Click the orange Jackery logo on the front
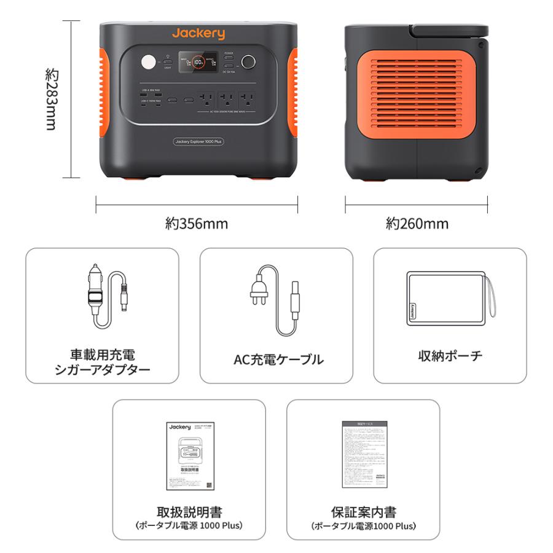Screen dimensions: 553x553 point(198,33)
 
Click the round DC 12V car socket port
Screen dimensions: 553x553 point(249,63)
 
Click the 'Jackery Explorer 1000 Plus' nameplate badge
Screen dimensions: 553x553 point(198,141)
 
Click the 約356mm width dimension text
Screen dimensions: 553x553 point(197,224)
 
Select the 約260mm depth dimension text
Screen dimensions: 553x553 point(417,224)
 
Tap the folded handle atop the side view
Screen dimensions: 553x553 point(449,30)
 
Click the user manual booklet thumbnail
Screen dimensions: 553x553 point(189,455)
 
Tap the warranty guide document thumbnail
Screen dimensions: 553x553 point(364,455)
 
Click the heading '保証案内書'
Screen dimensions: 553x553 point(363,512)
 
